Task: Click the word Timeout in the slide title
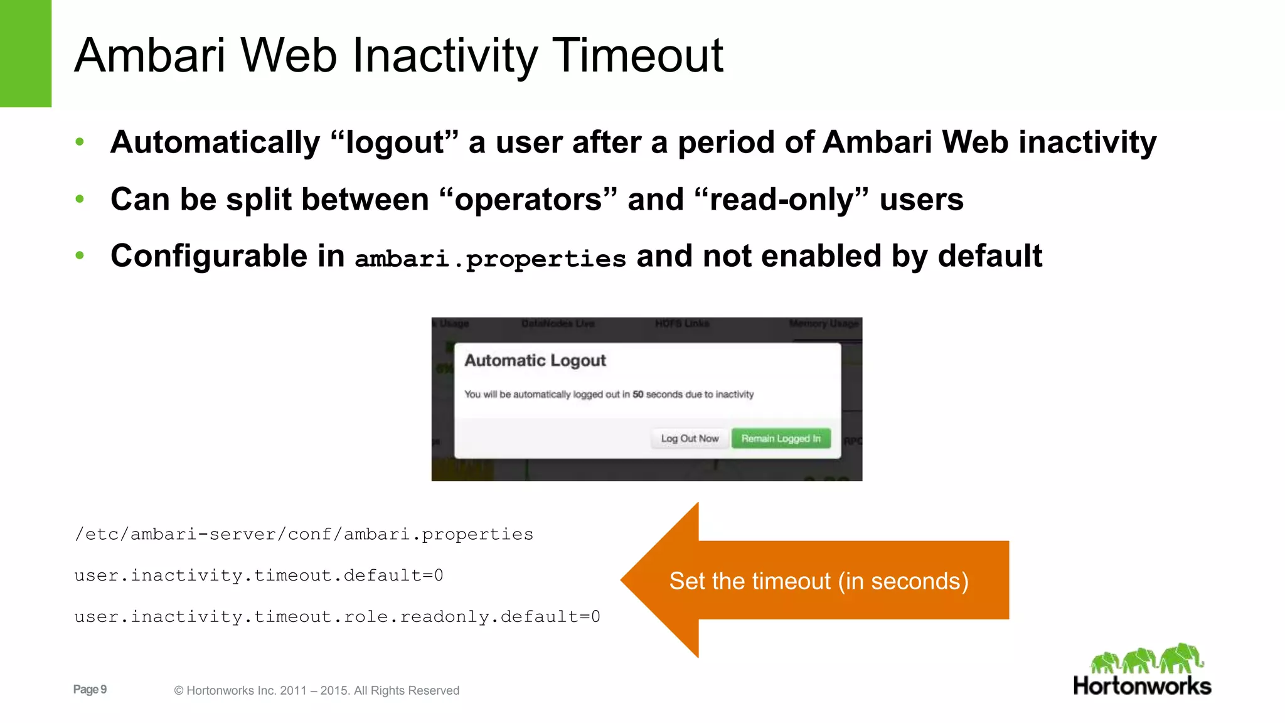coord(637,56)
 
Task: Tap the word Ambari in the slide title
coord(149,56)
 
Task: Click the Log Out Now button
coord(690,439)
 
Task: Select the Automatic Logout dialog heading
coord(535,361)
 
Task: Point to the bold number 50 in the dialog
coord(638,395)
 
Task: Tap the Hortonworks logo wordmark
coord(1142,686)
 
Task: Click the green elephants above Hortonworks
coord(1146,658)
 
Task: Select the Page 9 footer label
coord(90,690)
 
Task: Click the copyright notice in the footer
coord(317,691)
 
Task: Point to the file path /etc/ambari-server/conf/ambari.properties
coord(304,535)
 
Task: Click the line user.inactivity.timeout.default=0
coord(259,576)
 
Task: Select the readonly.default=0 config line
coord(337,617)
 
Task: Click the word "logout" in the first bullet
coord(395,142)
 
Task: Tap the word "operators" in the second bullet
coord(528,200)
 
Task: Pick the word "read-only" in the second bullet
coord(782,200)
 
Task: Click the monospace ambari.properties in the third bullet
coord(490,259)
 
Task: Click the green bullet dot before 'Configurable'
coord(80,256)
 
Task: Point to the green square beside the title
coord(26,53)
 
